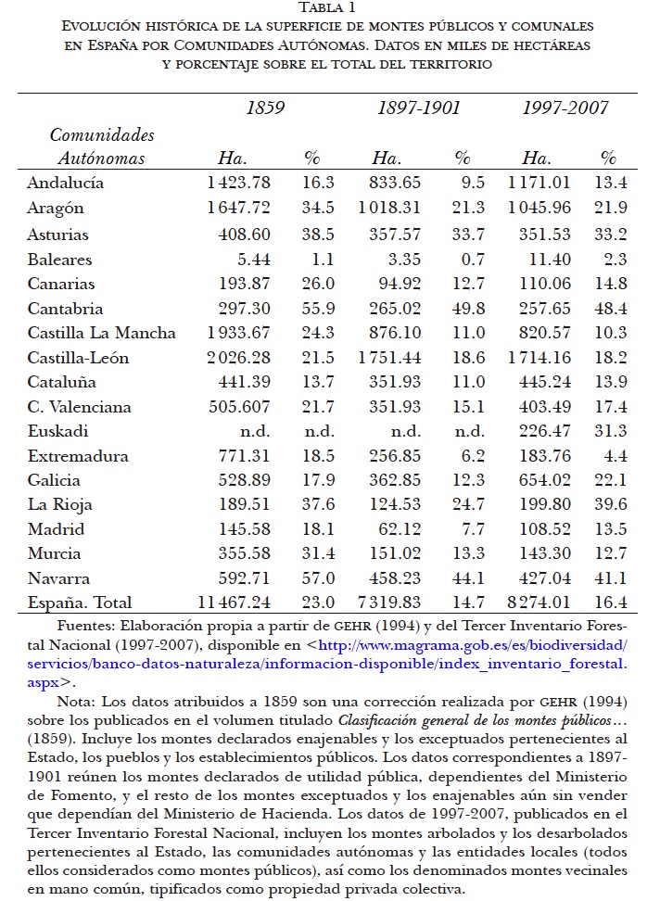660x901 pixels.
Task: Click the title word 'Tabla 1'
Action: [x=330, y=8]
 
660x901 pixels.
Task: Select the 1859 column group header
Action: [x=265, y=108]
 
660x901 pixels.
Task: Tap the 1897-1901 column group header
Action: [x=418, y=108]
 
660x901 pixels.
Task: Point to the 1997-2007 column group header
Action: [x=565, y=108]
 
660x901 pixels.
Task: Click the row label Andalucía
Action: [x=65, y=183]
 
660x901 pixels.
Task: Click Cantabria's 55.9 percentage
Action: [x=319, y=309]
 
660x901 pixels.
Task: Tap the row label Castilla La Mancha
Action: [x=102, y=333]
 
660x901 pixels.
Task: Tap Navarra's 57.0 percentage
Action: [x=319, y=578]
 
